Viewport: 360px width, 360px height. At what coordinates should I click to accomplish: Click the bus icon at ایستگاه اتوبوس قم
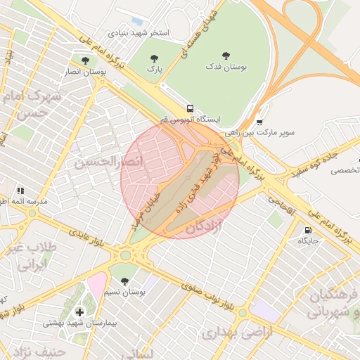(x=190, y=108)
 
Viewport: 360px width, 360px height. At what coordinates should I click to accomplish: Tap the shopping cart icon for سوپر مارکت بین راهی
(x=259, y=122)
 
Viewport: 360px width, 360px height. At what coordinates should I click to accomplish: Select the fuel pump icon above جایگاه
(x=307, y=231)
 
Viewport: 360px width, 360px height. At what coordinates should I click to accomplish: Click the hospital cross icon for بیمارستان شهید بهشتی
(x=79, y=311)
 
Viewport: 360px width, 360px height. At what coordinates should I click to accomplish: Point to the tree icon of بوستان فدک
(x=225, y=55)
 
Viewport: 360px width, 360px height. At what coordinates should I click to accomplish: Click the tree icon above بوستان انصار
(x=85, y=60)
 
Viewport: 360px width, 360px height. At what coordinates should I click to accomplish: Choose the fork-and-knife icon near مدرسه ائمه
(x=20, y=191)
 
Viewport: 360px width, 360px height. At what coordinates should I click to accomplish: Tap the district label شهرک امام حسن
(x=32, y=103)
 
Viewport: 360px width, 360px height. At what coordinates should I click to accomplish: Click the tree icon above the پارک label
(x=154, y=58)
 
